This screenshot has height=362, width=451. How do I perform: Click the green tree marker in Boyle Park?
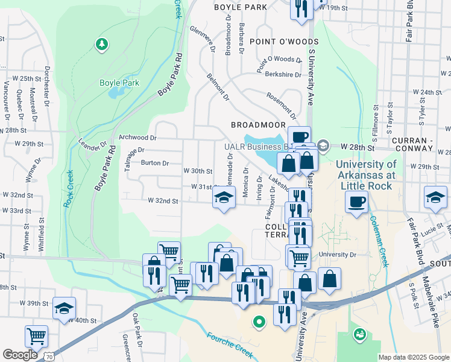[102, 44]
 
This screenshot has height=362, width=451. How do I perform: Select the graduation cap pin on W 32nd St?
[223, 197]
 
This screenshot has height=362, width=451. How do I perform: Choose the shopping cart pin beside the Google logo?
[37, 336]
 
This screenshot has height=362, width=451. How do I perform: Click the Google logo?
[20, 355]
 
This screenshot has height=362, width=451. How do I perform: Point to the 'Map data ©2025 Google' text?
[414, 357]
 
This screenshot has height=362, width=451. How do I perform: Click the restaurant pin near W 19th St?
[300, 8]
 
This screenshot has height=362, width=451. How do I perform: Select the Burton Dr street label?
[154, 163]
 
